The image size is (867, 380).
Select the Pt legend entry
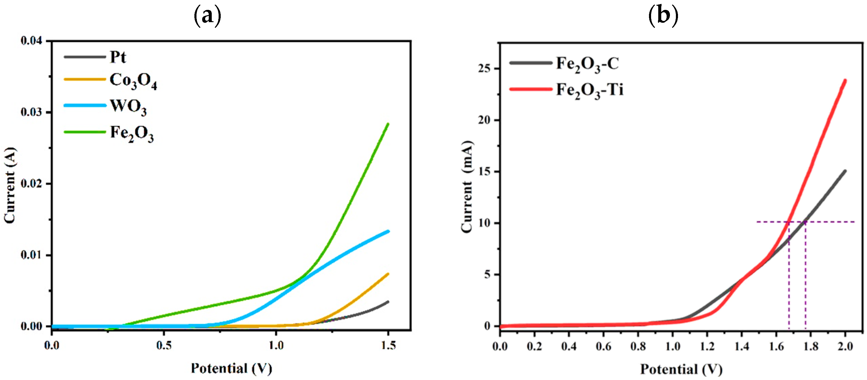[118, 57]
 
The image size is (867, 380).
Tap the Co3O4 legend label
[133, 81]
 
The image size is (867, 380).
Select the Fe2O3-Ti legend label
[590, 90]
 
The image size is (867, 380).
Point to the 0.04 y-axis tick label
[32, 41]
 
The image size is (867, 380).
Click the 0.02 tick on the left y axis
[32, 184]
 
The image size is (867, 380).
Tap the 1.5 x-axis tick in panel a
[388, 346]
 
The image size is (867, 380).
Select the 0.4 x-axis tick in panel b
[569, 346]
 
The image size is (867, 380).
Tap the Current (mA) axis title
[467, 187]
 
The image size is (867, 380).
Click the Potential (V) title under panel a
[231, 368]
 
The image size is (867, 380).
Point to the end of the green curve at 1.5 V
[388, 124]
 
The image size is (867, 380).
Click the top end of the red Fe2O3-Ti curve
[845, 80]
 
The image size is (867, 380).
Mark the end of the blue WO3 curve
[388, 231]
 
